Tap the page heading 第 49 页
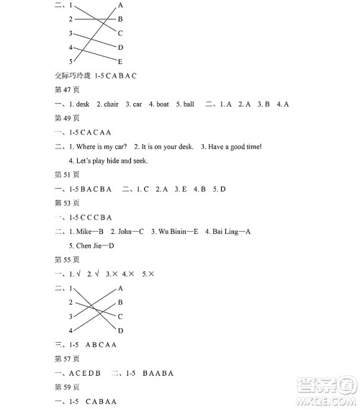[67, 118]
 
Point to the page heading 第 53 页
[67, 202]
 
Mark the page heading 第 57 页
[67, 358]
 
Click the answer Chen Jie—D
[95, 245]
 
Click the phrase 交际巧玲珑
[73, 76]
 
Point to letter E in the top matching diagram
[120, 61]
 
